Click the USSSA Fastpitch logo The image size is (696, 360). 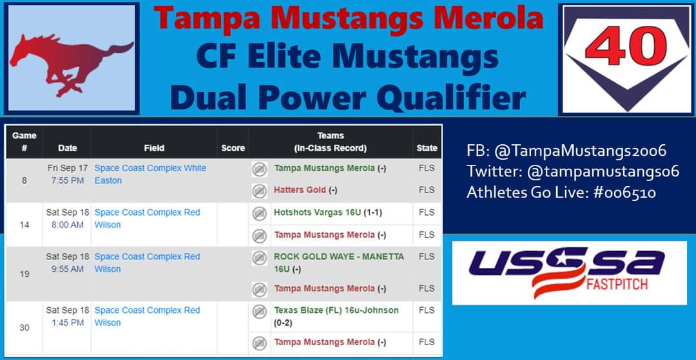coord(569,272)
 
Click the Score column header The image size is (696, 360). coord(233,148)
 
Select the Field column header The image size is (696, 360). coord(154,148)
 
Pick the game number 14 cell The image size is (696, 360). coord(24,225)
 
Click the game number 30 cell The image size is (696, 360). coord(24,328)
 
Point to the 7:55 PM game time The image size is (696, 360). coord(68,181)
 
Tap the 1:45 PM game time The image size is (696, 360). coord(68,323)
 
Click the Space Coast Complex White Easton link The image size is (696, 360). coord(150,175)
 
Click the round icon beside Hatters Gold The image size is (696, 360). coord(259,191)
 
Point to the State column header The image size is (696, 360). coord(427,148)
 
